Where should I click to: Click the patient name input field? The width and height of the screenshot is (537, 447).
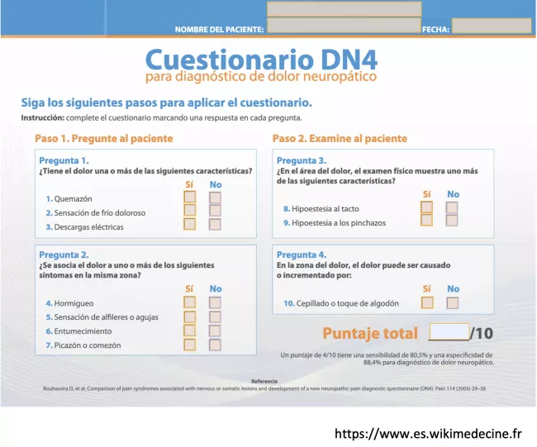coord(344,26)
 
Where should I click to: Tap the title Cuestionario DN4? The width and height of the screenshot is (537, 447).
coord(261,60)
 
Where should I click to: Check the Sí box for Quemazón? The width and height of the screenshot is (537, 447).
coord(190,197)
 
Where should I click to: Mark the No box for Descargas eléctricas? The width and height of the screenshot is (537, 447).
coord(215,224)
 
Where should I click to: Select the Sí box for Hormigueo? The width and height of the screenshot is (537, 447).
coord(190,302)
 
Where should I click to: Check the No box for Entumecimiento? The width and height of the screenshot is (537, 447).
coord(215,330)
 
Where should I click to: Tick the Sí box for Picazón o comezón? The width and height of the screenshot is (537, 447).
coord(190,344)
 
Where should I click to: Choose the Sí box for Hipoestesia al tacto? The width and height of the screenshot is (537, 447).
coord(426,207)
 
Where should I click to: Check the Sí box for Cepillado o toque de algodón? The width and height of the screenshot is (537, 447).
coord(427,302)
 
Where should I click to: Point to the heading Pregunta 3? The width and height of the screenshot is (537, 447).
coord(302,160)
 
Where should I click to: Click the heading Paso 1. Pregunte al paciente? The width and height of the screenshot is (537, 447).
coord(103,138)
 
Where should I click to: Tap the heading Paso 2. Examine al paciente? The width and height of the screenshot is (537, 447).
coord(340,138)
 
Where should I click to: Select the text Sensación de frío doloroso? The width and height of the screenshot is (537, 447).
coord(100,212)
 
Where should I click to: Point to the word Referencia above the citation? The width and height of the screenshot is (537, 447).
coord(264,380)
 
